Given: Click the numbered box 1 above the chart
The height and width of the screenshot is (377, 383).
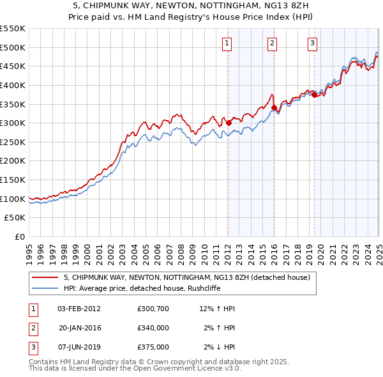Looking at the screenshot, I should [x=227, y=43].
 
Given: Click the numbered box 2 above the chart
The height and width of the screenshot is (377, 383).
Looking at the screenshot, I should [x=272, y=43].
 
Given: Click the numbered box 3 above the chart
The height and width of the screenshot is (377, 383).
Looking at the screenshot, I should [x=312, y=43].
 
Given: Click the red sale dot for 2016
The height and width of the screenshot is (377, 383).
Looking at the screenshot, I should [x=274, y=108].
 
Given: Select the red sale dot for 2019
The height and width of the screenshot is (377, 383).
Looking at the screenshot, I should [x=314, y=95].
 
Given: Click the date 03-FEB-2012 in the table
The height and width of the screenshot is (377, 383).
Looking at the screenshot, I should [x=79, y=309].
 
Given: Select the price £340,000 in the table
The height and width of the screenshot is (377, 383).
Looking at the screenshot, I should [x=153, y=328].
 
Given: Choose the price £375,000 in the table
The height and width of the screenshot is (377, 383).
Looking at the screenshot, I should [x=153, y=347].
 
